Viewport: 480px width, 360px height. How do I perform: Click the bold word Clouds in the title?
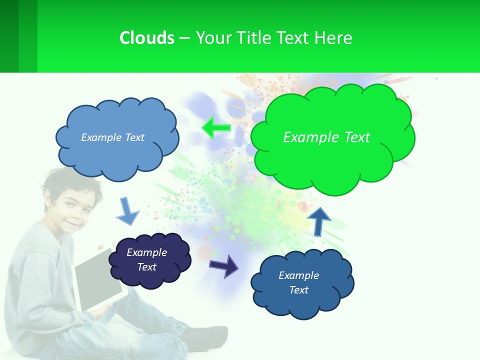[146, 38]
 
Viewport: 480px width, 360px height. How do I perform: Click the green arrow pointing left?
[216, 127]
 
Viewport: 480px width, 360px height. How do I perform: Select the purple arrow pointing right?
[224, 265]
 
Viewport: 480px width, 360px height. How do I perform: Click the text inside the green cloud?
[326, 137]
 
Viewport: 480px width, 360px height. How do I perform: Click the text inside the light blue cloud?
[112, 137]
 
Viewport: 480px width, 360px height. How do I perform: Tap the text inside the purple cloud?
[147, 259]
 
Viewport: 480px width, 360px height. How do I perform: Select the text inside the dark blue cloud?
[299, 282]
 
